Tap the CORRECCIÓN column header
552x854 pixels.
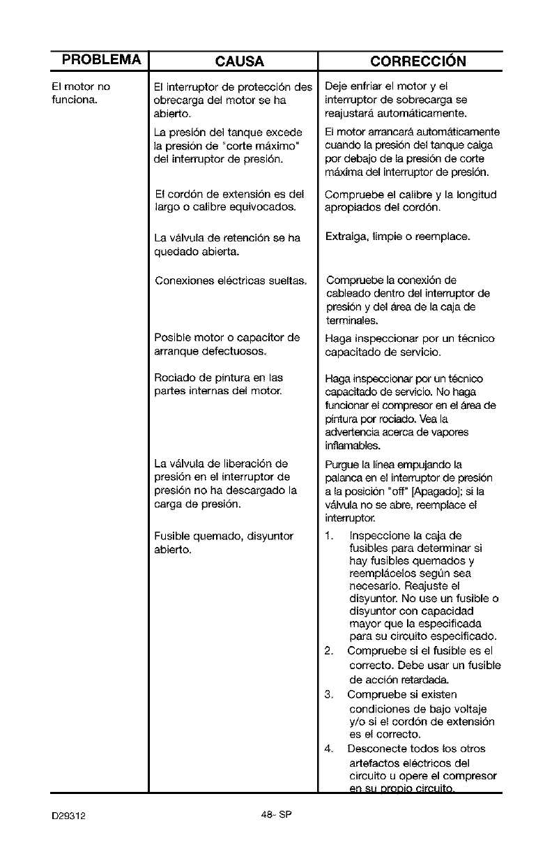pos(418,61)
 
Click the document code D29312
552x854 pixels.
pos(68,814)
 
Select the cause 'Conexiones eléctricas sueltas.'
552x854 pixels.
pos(231,281)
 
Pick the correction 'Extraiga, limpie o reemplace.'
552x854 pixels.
pos(397,237)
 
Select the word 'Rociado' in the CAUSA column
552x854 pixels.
pos(175,377)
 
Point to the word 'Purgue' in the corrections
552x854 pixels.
pos(342,464)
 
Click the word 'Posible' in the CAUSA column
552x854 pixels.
pos(174,338)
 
